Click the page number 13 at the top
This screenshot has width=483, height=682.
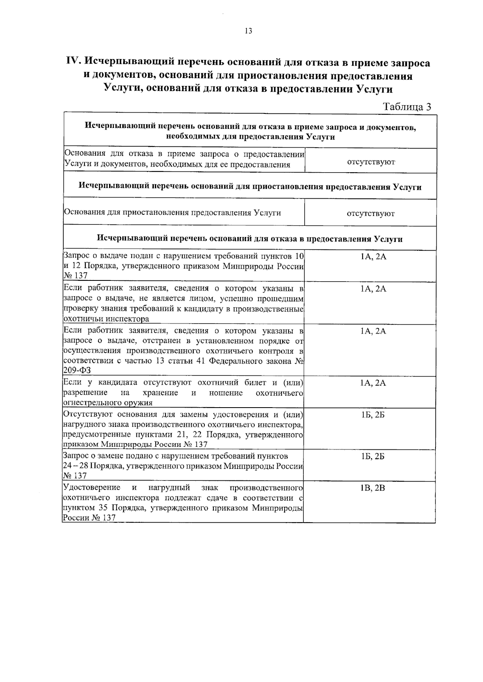(x=248, y=31)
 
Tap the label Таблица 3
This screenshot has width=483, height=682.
(x=407, y=107)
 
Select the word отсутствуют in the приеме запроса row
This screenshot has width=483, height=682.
(x=371, y=162)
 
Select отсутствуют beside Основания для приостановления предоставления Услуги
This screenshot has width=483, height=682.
(x=371, y=214)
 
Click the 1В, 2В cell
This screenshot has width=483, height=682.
(x=373, y=488)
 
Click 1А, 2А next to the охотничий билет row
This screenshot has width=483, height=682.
(x=373, y=383)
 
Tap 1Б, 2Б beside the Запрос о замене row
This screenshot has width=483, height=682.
(x=373, y=456)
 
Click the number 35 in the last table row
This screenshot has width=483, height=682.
(x=103, y=508)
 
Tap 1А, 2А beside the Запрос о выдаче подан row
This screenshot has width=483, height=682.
(x=373, y=256)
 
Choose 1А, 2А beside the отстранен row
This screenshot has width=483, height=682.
(x=373, y=331)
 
